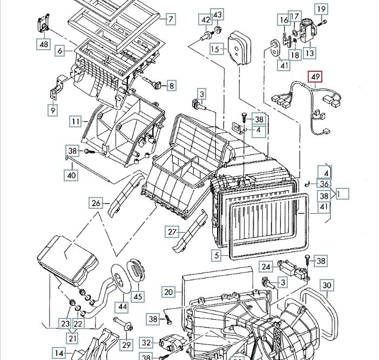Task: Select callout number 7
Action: click(170, 20)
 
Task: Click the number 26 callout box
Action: click(96, 203)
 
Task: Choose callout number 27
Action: click(172, 232)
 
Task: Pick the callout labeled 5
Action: click(216, 255)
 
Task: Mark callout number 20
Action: click(168, 292)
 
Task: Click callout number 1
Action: click(342, 193)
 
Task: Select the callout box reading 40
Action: click(72, 175)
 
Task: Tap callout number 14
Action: click(59, 354)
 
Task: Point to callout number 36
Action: click(323, 184)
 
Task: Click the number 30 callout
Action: click(326, 285)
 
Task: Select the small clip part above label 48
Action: click(43, 24)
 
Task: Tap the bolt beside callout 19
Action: click(323, 22)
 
